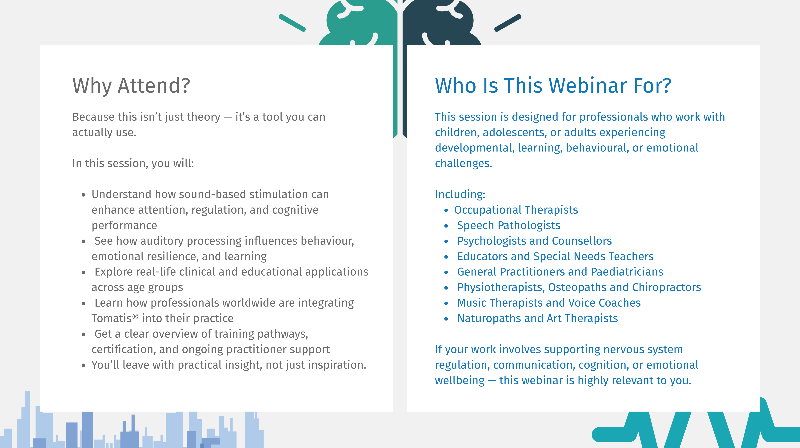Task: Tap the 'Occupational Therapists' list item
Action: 516,210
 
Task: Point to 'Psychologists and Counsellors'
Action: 534,241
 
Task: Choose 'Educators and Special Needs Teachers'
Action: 555,256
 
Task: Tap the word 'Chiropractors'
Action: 667,288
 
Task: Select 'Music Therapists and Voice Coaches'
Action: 549,303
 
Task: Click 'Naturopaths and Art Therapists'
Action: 538,319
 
